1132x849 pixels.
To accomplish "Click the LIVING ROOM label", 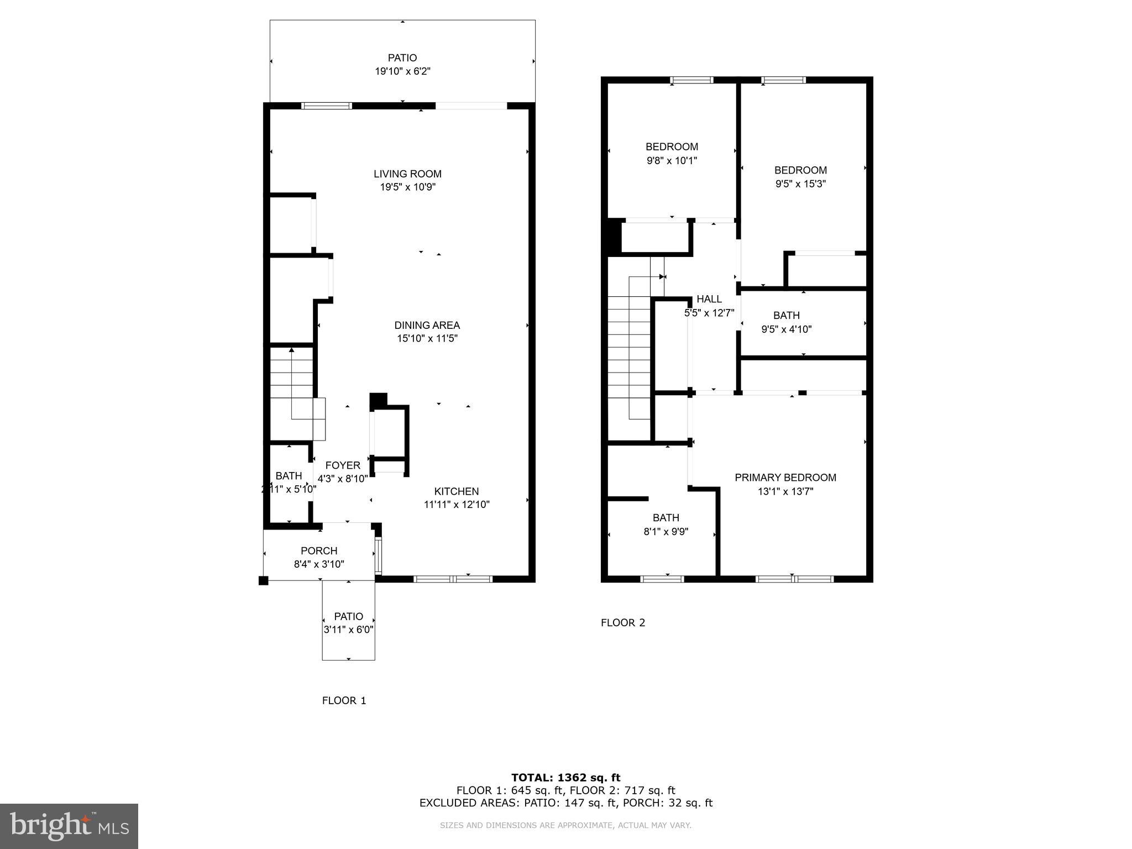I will tap(407, 174).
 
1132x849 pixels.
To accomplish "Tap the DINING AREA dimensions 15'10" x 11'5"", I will tap(427, 338).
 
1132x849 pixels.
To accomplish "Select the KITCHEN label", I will tap(456, 491).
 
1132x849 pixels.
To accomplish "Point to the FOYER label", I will tap(343, 465).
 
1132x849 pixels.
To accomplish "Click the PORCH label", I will tap(319, 551).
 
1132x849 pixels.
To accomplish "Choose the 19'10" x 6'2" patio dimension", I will tap(402, 71).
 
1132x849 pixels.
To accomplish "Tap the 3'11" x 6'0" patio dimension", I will tap(348, 630).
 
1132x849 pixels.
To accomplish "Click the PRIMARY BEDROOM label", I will tap(785, 477).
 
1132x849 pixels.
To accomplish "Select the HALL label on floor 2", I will tap(709, 298).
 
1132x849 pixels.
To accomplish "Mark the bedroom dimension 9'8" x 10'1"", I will tap(672, 161).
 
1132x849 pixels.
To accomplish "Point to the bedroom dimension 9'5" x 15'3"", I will tap(800, 184).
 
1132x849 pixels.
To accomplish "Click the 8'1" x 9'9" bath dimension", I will tap(665, 532).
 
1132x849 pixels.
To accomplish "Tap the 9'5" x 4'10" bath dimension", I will tap(786, 329).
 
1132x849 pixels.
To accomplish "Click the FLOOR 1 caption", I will tap(344, 700).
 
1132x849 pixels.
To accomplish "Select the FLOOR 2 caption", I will tap(623, 622).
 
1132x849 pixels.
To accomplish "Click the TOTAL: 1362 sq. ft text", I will tap(565, 778).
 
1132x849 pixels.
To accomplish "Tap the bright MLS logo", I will tap(69, 826).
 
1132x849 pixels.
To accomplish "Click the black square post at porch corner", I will tap(264, 580).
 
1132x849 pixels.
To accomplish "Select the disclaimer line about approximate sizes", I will tap(565, 825).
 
